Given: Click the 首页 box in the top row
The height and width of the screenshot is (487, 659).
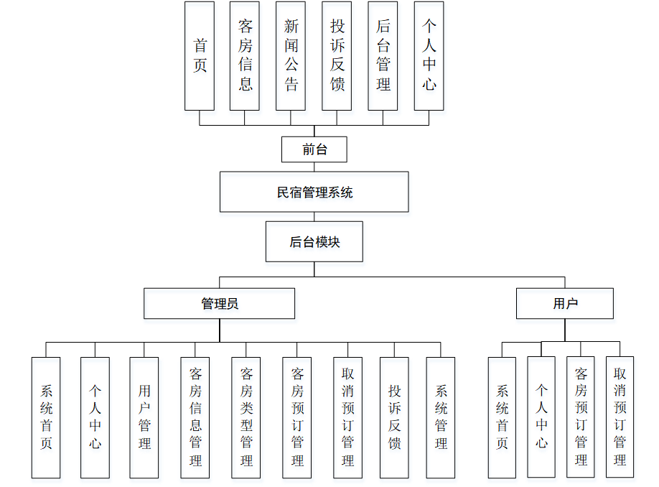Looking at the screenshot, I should pos(199,56).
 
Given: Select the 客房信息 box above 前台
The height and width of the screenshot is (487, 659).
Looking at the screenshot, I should pos(245,56).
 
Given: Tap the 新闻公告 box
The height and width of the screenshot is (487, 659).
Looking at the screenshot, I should pos(291,56).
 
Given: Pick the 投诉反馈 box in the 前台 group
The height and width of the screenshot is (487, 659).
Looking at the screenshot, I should pos(337,56).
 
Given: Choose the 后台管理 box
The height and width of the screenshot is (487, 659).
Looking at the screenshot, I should pos(383,56).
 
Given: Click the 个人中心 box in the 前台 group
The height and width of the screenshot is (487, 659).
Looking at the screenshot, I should pos(429,56).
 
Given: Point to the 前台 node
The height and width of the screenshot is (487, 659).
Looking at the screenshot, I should pos(314,149).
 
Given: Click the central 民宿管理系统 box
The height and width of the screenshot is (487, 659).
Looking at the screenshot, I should pos(314,192).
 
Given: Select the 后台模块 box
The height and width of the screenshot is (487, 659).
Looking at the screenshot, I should pos(314,241).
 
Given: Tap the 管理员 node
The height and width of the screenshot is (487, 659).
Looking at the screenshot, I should pos(219,303).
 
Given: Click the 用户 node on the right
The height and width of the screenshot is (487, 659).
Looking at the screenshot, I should pos(565,303).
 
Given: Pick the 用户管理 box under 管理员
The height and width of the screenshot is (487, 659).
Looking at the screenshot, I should pos(144,417).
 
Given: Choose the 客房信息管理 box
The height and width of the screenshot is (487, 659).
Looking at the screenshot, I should pos(195,417).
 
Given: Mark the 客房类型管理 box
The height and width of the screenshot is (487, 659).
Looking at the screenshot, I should pos(246,417).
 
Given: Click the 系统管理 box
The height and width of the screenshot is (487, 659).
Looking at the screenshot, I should pos(441,417).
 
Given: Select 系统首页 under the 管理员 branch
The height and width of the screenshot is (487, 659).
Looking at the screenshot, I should pos(46,417).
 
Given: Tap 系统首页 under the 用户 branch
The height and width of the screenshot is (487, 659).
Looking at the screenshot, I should pos(502,417).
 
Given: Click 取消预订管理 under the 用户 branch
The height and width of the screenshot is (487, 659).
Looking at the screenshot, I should pos(620,417).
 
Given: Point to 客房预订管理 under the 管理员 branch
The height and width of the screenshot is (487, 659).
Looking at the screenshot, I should pos(297,417).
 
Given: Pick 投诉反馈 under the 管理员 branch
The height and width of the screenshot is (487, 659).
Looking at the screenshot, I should pos(394,417).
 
